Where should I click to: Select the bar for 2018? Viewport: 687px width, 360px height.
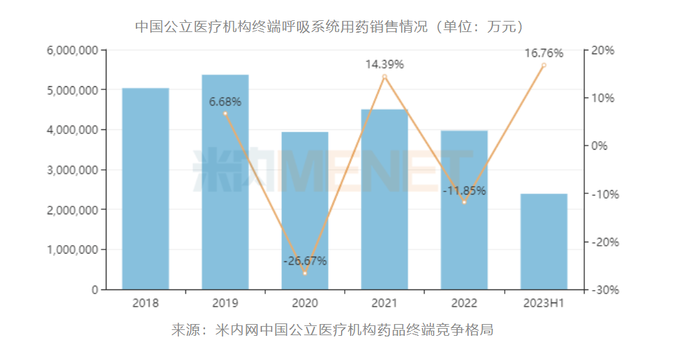click(146, 189)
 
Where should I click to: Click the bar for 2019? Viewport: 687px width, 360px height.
click(225, 182)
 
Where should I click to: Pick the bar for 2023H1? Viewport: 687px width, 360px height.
click(544, 241)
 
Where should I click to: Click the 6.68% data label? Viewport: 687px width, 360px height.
click(225, 102)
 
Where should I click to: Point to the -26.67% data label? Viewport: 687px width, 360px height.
click(305, 261)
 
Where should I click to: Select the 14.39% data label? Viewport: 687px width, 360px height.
click(385, 64)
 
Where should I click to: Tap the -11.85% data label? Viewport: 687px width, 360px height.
click(464, 191)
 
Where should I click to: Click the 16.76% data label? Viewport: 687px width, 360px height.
click(544, 53)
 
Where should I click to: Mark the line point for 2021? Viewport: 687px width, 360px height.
click(385, 76)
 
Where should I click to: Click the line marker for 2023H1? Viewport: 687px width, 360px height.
click(544, 65)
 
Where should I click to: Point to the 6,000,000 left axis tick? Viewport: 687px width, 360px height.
click(73, 50)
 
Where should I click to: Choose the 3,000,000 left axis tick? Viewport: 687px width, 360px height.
click(73, 170)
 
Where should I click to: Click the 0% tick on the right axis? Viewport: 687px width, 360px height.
click(599, 146)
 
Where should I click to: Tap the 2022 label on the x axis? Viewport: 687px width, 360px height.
click(464, 303)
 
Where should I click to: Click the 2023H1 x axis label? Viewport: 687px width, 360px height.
click(544, 303)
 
